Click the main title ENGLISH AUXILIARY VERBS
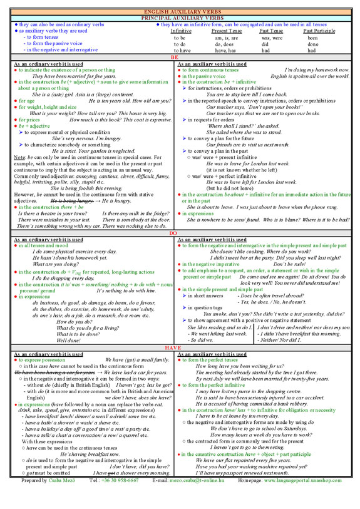(x=180, y=12)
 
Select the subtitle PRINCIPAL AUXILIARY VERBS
(x=180, y=18)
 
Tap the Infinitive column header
(x=182, y=31)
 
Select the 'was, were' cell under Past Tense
(x=271, y=38)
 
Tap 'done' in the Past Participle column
(x=313, y=44)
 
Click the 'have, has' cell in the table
(x=223, y=51)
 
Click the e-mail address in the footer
(x=188, y=498)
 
